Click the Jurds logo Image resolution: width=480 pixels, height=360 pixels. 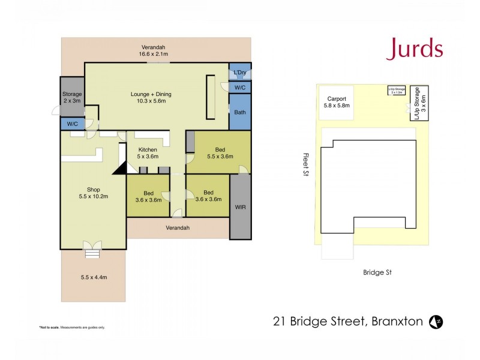[415, 49]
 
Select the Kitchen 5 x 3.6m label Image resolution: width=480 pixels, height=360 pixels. [148, 153]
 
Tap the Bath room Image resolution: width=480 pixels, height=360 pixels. [239, 112]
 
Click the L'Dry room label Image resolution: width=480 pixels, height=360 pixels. [240, 73]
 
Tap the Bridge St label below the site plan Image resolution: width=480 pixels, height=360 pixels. [377, 272]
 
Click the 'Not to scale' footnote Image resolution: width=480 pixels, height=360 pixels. [72, 327]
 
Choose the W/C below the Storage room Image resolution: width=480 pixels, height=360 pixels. [72, 124]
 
